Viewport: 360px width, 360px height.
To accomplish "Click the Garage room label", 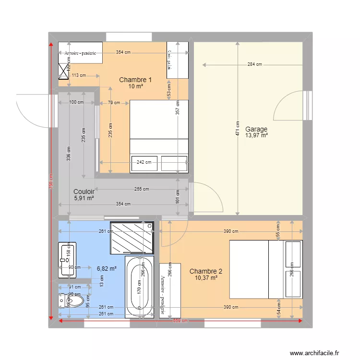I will [x=256, y=129].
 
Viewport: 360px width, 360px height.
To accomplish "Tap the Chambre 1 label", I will [x=135, y=80].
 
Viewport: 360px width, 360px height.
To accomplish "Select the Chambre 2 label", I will [x=205, y=271].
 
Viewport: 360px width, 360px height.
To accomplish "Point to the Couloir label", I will [x=84, y=191].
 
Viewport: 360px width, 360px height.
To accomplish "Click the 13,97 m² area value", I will [x=256, y=135].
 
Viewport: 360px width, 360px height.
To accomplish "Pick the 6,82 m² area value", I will [x=107, y=269].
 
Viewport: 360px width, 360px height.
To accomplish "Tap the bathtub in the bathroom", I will [x=139, y=287].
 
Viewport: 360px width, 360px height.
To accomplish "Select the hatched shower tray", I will [x=132, y=237].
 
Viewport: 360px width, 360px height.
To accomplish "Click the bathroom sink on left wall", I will [x=67, y=260].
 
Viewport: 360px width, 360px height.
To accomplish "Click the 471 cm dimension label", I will [x=237, y=128].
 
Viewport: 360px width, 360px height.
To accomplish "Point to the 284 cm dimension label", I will [x=254, y=64].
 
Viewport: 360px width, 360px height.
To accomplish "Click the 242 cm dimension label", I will [x=144, y=162].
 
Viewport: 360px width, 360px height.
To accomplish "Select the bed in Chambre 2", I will [x=266, y=269].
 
